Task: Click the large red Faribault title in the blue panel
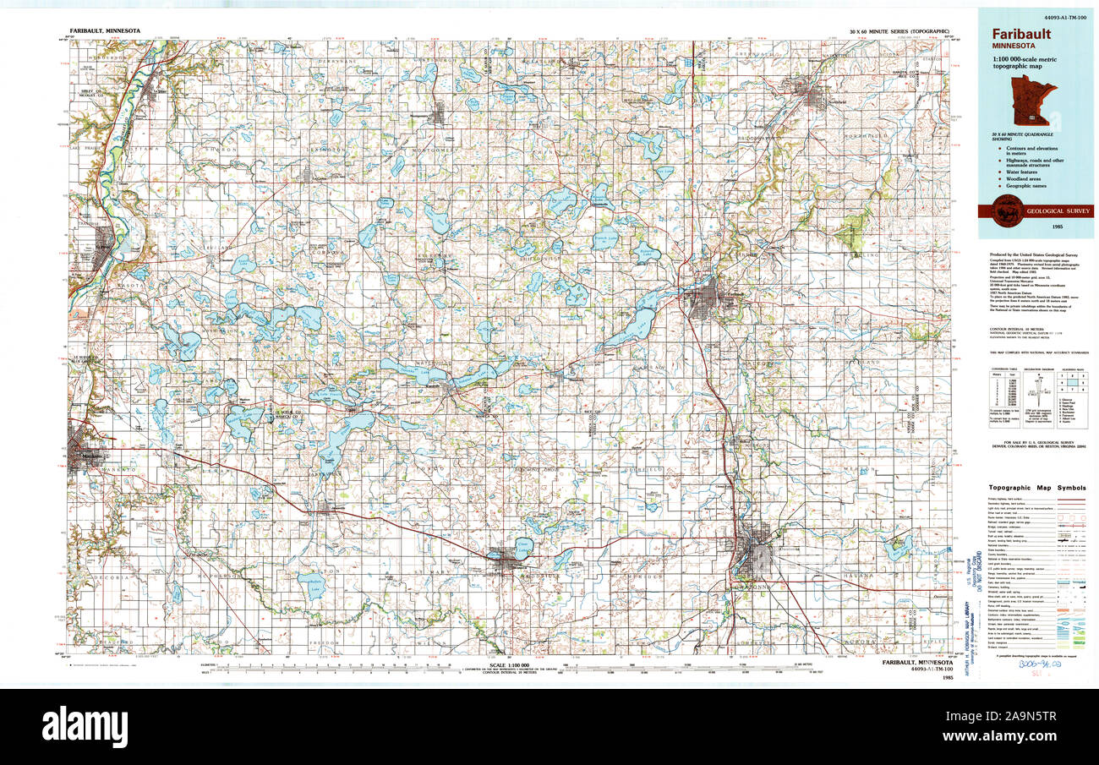1022,34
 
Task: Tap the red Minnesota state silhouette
1033,100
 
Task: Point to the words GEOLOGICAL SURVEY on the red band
1058,211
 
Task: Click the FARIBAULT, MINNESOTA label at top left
104,30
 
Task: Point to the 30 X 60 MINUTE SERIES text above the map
894,31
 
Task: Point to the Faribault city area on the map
708,299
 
